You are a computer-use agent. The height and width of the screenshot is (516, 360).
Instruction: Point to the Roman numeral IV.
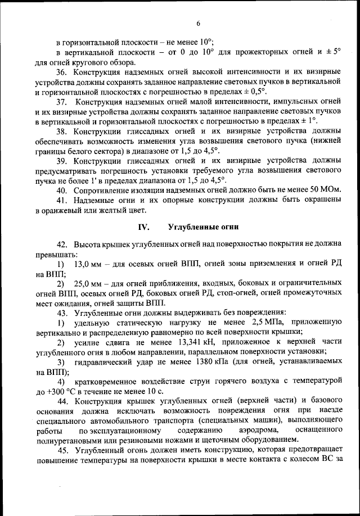coord(143,227)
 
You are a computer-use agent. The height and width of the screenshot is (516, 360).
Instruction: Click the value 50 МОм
coord(326,190)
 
